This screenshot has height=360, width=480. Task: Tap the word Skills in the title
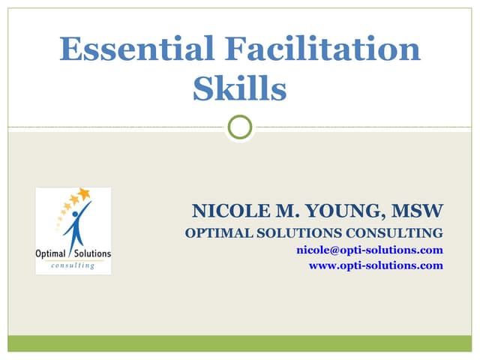239,88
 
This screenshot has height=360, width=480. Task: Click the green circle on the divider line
240,127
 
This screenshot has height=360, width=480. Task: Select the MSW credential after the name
421,210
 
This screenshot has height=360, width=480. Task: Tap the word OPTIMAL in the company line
215,232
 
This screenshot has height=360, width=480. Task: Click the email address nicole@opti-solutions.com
370,250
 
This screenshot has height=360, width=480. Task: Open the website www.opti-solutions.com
376,265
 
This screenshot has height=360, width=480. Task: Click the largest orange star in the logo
84,194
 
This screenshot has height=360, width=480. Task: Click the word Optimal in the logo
51,253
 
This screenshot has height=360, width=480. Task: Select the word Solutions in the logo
91,253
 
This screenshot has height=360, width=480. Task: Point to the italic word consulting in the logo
73,265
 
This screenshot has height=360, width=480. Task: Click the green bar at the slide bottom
240,343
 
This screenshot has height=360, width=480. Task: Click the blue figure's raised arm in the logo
85,209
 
